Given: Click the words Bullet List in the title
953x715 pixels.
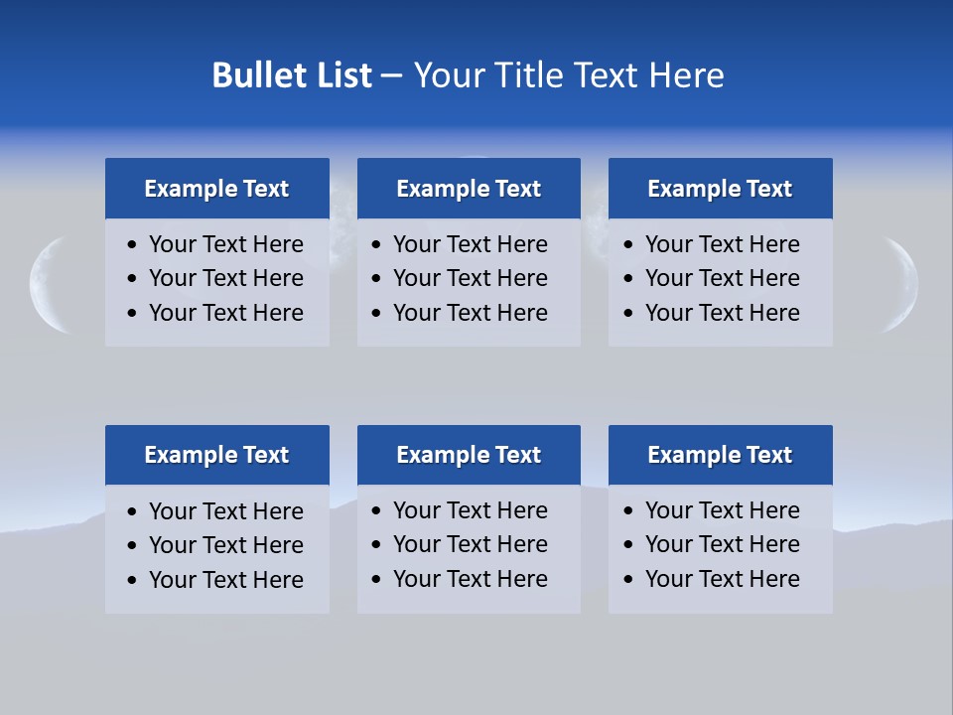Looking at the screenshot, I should point(292,75).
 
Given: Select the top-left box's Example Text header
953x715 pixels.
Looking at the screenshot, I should point(216,189).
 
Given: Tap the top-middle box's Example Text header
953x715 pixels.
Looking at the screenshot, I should point(469,189).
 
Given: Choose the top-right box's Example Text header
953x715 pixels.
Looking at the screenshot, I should point(720,189).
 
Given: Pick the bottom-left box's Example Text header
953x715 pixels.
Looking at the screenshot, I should point(216,455).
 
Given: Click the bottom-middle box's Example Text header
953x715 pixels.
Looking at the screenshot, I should point(469,455).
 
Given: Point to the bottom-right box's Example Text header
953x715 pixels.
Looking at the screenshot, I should point(720,455).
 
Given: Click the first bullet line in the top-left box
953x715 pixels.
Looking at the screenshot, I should point(225,244).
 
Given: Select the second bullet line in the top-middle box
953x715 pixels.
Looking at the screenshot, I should point(470,278).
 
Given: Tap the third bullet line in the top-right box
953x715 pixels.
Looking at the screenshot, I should point(722,313).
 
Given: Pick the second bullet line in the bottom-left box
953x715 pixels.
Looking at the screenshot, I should point(225,545).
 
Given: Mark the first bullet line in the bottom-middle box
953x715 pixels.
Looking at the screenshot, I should point(470,510).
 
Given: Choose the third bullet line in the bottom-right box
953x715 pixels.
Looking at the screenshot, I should point(722,579).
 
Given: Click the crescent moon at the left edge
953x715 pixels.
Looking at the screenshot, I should point(44,284).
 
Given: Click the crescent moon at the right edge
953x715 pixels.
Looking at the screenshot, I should point(904,284).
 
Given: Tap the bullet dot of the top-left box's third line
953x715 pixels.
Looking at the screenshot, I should point(133,314).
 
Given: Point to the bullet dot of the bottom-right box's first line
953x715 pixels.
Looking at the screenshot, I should point(628,511).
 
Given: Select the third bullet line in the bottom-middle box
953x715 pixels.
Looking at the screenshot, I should point(470,579).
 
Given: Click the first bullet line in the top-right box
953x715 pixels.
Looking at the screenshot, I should point(722,244).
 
